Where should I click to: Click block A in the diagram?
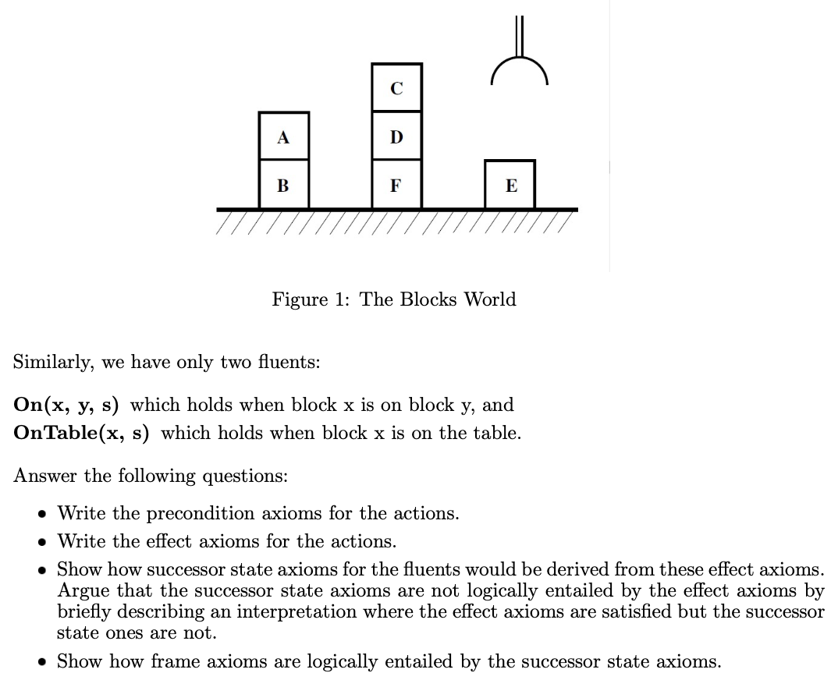[283, 137]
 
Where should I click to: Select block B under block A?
[283, 186]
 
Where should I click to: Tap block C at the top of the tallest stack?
[396, 88]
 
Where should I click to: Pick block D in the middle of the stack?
[396, 137]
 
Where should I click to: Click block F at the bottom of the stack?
[396, 186]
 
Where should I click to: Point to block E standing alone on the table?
[510, 186]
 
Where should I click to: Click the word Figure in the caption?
[300, 299]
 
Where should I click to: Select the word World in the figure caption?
[490, 299]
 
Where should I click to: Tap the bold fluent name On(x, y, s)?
[66, 406]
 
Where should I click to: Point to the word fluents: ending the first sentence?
[286, 363]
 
